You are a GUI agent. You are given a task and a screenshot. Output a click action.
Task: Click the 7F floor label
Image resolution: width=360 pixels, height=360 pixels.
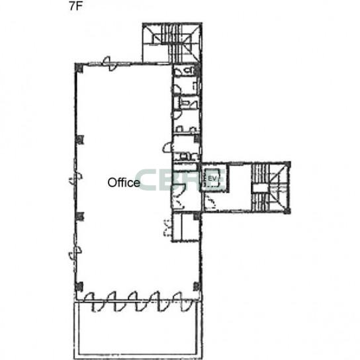75,7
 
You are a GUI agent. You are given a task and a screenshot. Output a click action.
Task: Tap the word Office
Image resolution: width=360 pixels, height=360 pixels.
124,183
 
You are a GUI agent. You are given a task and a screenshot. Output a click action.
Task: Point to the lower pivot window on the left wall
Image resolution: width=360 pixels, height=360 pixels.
75,253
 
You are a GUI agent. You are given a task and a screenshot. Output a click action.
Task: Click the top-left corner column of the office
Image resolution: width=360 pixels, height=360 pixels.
79,68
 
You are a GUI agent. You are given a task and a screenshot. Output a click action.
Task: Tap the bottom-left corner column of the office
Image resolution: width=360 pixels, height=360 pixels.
79,287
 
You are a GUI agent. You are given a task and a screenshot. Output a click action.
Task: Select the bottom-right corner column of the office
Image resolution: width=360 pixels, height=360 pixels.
197,287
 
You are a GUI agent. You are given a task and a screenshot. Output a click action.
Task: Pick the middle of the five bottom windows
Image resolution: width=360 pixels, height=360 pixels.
136,302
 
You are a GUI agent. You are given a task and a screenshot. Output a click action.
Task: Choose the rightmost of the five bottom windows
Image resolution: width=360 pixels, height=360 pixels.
181,302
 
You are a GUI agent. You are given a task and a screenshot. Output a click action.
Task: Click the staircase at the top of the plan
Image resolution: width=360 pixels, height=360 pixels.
172,43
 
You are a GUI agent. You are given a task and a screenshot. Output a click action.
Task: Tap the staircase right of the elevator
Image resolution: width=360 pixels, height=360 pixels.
269,187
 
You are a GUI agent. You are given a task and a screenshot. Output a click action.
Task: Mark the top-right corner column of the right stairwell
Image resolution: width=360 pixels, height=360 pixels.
287,165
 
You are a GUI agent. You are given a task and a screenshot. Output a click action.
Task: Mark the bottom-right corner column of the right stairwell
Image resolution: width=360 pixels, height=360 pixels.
287,210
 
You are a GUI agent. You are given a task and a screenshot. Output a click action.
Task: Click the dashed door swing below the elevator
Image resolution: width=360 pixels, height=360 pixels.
210,201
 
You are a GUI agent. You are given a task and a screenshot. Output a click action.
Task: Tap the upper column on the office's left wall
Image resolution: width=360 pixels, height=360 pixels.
79,140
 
